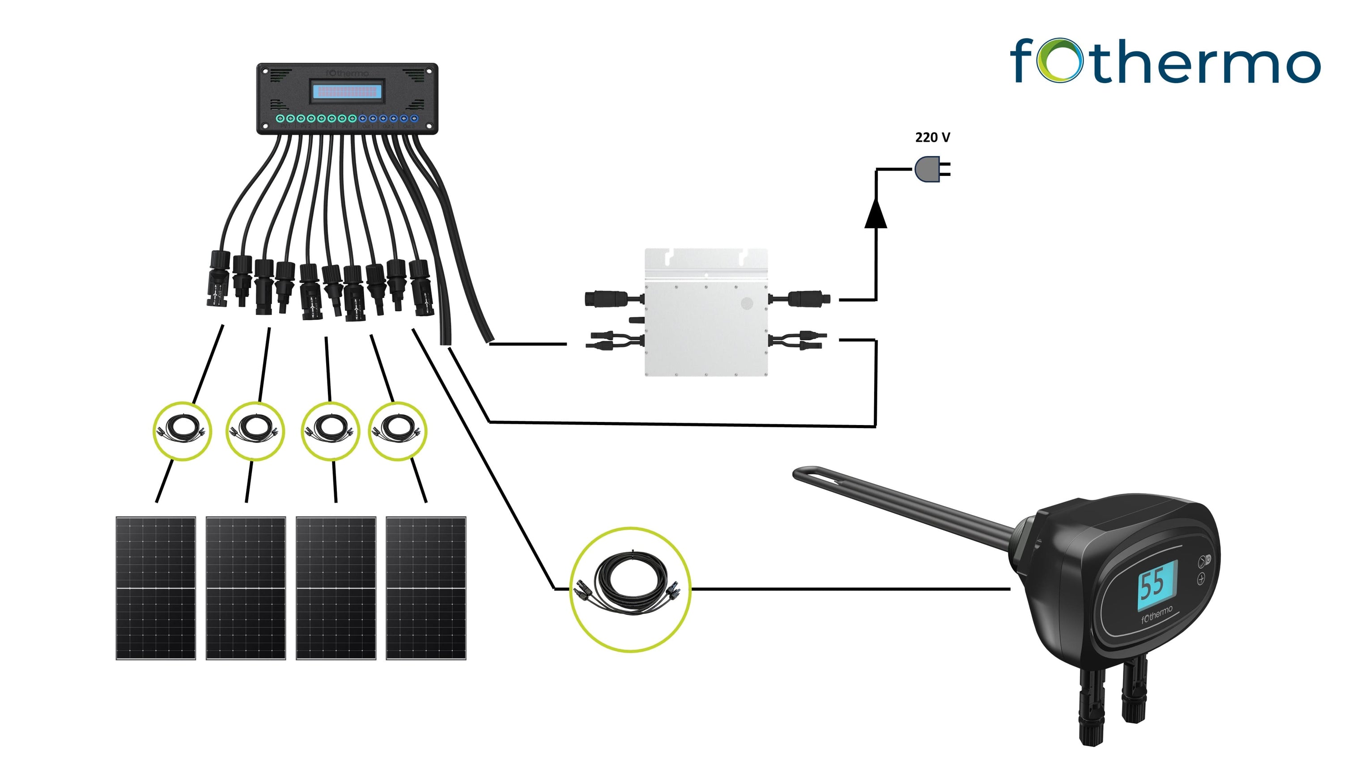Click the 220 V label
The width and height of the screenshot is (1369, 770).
click(932, 138)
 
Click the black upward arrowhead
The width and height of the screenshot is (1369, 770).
click(876, 213)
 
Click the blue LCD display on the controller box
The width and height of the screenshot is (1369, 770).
click(347, 91)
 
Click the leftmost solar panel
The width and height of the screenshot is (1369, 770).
click(156, 588)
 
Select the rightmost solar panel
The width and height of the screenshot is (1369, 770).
click(425, 588)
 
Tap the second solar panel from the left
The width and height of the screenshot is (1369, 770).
click(246, 588)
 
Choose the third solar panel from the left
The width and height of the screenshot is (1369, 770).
click(336, 588)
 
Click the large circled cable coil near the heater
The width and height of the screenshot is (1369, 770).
click(630, 589)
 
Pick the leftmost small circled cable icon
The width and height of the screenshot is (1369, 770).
click(182, 430)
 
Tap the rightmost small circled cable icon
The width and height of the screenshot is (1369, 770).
click(398, 430)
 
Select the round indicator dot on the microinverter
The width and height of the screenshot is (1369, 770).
click(747, 303)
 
